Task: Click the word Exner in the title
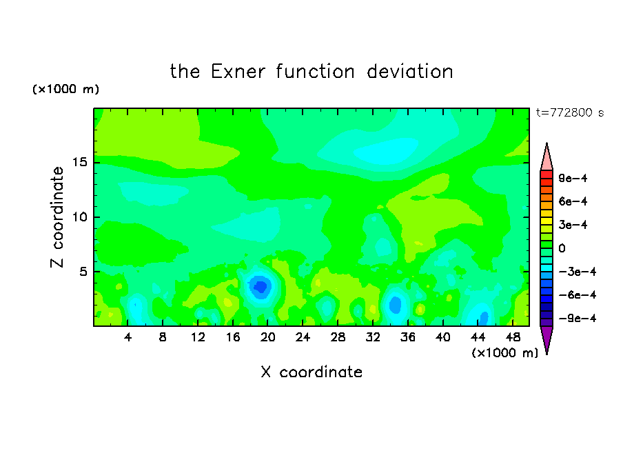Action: coord(238,72)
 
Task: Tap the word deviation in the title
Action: coord(410,72)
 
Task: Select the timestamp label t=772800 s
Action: coord(570,112)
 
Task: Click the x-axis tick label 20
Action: coord(268,337)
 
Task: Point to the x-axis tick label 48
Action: coord(513,337)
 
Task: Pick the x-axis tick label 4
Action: coord(127,337)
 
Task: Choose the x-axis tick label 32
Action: coord(373,337)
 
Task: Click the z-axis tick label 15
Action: coord(80,162)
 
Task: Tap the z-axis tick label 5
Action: coord(83,272)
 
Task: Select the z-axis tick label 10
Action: coord(80,217)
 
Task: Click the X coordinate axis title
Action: coord(311,372)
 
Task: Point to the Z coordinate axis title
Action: coord(57,217)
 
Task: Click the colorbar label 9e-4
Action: coord(573,178)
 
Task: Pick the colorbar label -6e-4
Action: coord(578,295)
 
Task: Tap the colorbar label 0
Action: coord(562,248)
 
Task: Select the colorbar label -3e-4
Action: coord(578,272)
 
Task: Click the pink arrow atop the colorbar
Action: coord(547,157)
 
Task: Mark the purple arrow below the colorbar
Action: coord(547,339)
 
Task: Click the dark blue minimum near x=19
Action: coord(261,286)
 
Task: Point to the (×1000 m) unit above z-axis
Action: coord(65,89)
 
